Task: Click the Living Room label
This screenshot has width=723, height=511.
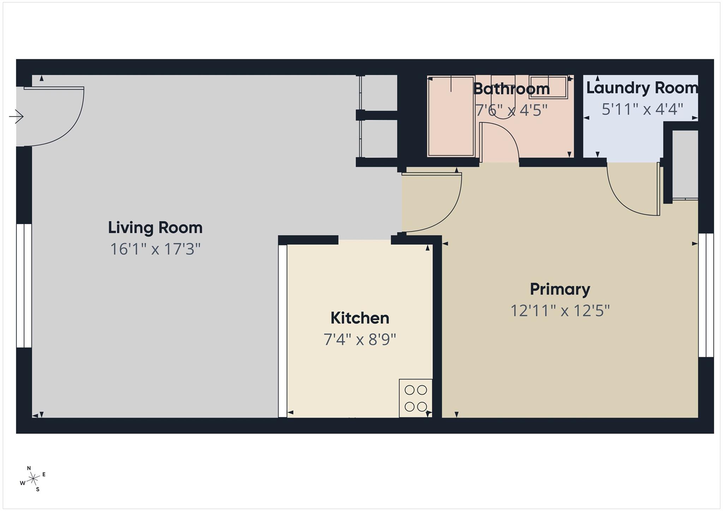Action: tap(155, 228)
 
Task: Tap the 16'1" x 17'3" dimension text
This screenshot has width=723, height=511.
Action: tap(155, 249)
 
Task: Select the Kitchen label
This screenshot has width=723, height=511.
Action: tap(360, 318)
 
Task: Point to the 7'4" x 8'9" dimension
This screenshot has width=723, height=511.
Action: tap(360, 340)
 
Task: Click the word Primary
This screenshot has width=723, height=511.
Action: tap(560, 289)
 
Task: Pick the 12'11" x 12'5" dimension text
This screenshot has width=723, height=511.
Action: tap(560, 311)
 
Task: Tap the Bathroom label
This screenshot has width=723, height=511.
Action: tap(511, 89)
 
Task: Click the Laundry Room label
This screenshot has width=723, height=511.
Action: tap(642, 88)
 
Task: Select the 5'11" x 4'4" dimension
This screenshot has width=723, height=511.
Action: tap(642, 109)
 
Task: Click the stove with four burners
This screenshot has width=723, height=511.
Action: tap(416, 398)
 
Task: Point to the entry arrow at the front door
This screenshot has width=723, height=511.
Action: tap(16, 116)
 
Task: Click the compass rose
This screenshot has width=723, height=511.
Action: tap(33, 479)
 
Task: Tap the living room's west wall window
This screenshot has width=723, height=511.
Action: tap(24, 285)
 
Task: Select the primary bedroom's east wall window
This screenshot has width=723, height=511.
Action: tap(706, 295)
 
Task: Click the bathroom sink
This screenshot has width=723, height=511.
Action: tap(548, 86)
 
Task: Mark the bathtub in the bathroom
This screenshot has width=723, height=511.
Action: tap(450, 116)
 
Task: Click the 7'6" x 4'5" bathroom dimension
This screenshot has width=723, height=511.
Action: tap(511, 110)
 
